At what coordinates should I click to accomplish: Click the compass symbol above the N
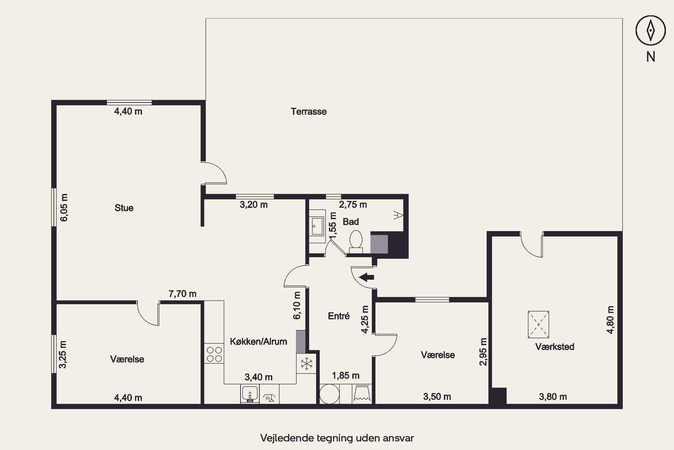coord(650,30)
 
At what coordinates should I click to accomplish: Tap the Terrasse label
coord(309,111)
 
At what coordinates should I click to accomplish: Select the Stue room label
coord(124,208)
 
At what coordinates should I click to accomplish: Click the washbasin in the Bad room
coord(317,226)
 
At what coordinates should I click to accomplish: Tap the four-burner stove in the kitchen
coord(214,354)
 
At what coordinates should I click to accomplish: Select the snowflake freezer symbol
coord(306,364)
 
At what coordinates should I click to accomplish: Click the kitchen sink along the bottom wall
coord(250,394)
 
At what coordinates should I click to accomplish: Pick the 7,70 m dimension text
coord(182,294)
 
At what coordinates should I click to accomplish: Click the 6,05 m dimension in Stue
coord(64,207)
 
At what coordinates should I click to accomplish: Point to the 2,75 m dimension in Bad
coord(353,204)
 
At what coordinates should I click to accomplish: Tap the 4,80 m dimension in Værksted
coord(610,320)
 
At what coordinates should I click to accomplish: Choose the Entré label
coord(339,316)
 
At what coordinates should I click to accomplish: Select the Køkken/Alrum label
coord(259,342)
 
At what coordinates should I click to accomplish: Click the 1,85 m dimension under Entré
coord(346,375)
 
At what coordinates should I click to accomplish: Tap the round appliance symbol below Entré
coord(330,394)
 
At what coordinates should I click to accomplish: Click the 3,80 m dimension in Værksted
coord(553,397)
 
